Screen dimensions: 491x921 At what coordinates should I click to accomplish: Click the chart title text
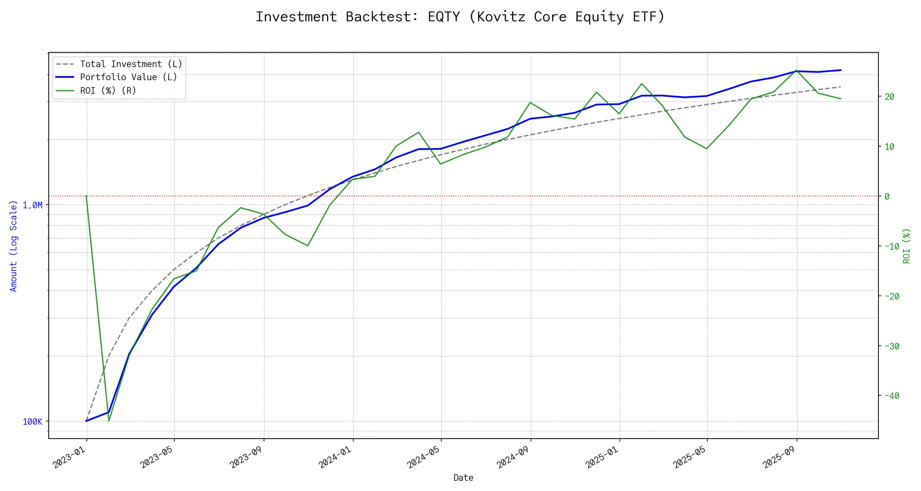point(460,17)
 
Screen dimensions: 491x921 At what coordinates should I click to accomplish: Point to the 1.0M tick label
point(32,205)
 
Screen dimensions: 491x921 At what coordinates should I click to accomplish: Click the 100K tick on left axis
point(32,421)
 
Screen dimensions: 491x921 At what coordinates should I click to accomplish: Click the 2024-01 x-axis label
point(336,457)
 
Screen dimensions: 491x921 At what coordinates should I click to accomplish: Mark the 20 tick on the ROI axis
point(889,97)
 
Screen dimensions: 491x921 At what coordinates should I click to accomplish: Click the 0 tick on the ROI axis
point(887,196)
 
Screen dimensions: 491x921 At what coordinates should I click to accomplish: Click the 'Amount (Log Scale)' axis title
point(14,245)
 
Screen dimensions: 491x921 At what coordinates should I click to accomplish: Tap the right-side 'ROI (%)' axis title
point(906,245)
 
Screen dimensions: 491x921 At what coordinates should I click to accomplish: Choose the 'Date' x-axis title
point(463,477)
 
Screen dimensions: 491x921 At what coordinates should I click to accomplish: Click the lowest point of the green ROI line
point(109,421)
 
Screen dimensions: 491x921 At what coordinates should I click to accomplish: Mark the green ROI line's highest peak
point(796,70)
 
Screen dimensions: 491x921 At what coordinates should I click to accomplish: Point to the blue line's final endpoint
point(841,70)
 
